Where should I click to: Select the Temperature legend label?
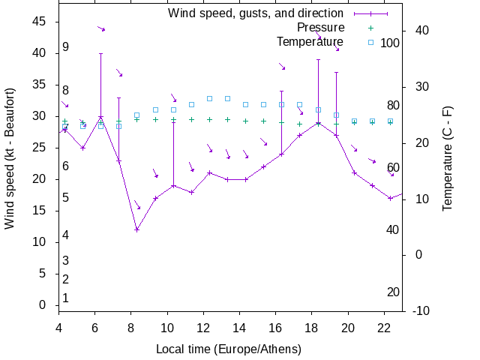[x=310, y=41]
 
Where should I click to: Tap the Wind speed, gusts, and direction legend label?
[x=255, y=13]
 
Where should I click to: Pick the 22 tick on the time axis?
[x=385, y=328]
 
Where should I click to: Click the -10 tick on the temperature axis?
[x=421, y=310]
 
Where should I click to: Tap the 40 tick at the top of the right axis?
[x=421, y=31]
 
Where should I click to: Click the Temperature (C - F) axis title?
[x=447, y=157]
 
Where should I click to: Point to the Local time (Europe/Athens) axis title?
[x=228, y=349]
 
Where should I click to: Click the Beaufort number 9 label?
[x=66, y=47]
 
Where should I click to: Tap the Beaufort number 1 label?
[x=66, y=298]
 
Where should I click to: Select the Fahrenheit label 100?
[x=390, y=43]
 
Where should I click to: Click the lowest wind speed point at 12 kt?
[x=136, y=229]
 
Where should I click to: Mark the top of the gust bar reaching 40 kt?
[x=100, y=53]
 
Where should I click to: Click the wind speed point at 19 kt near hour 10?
[x=173, y=185]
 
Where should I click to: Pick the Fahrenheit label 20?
[x=393, y=292]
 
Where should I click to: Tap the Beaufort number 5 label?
[x=66, y=198]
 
